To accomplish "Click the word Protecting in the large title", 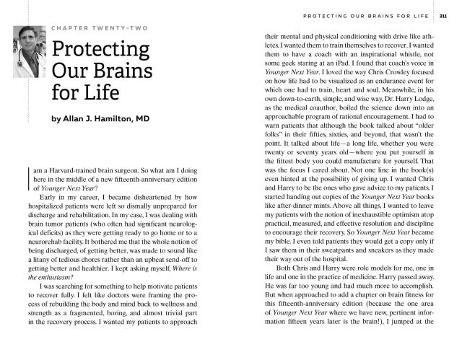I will (x=100, y=51).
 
